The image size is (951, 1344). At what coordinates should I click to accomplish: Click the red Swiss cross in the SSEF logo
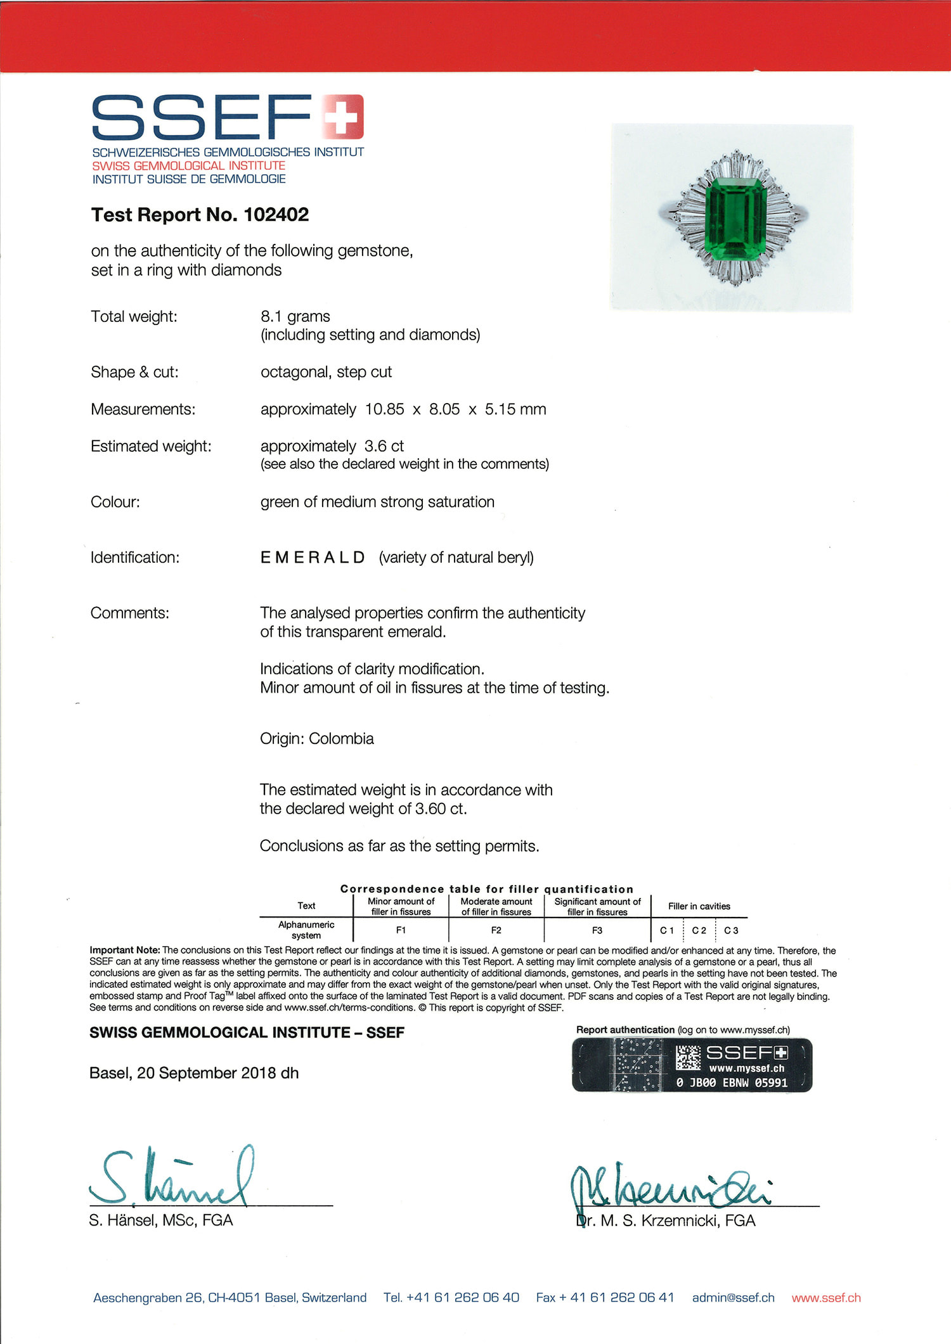(342, 116)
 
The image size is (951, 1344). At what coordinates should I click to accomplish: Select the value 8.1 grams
(295, 316)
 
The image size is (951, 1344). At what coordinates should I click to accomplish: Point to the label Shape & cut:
(134, 372)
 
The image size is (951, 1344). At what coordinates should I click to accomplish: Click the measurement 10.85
(384, 409)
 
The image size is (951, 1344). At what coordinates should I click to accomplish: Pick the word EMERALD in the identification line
(313, 558)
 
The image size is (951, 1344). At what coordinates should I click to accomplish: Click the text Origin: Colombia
(316, 739)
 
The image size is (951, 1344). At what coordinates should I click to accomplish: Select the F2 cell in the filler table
(496, 930)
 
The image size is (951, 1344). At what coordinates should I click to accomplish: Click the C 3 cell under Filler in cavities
(731, 930)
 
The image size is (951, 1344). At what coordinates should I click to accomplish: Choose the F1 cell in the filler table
(401, 930)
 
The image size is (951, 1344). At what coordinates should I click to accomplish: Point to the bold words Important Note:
(125, 950)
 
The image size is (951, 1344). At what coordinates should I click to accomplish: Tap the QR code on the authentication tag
(687, 1058)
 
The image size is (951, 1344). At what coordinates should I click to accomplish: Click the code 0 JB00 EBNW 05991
(732, 1083)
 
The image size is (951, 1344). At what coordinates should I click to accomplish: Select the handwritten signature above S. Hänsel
(171, 1177)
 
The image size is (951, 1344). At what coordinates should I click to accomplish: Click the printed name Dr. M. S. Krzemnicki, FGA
(666, 1221)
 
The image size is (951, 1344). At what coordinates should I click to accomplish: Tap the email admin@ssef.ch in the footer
(733, 1298)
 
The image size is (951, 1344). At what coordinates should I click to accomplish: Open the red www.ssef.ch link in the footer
(826, 1298)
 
